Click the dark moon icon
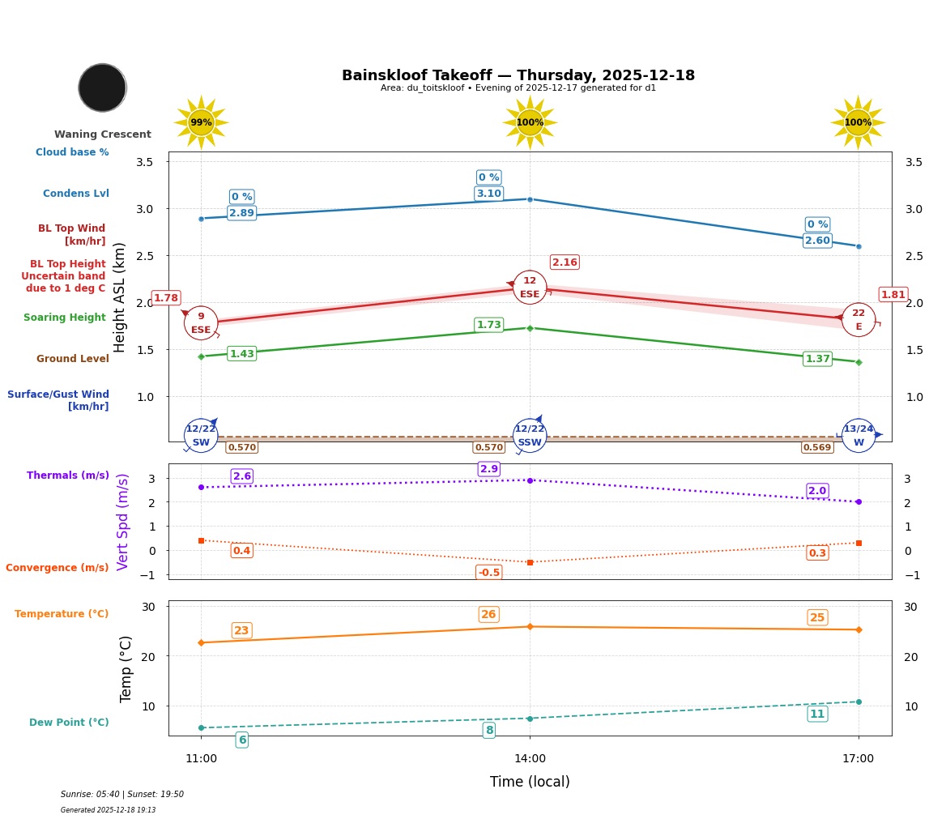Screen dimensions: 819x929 [102, 87]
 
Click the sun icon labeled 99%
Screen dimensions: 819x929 [201, 122]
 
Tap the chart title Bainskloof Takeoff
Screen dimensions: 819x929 [518, 75]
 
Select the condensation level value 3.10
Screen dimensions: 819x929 [488, 194]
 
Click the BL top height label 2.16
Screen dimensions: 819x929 [565, 262]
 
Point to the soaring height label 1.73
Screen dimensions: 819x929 [488, 325]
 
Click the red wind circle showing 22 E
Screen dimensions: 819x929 [859, 320]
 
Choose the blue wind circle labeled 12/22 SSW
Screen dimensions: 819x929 [530, 436]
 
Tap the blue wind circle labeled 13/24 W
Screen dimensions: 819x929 [859, 436]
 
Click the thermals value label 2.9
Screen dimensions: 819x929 [489, 469]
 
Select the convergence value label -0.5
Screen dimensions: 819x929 [488, 573]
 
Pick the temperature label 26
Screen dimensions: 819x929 [488, 615]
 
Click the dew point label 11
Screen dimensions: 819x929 [817, 714]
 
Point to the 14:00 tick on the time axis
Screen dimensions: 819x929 [530, 759]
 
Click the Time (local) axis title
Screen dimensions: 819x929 [530, 782]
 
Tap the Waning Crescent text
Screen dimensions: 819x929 [103, 134]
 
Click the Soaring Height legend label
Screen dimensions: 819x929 [65, 318]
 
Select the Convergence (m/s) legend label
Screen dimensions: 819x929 [58, 568]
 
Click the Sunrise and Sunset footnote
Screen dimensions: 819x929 [122, 795]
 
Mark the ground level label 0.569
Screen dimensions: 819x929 [816, 447]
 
